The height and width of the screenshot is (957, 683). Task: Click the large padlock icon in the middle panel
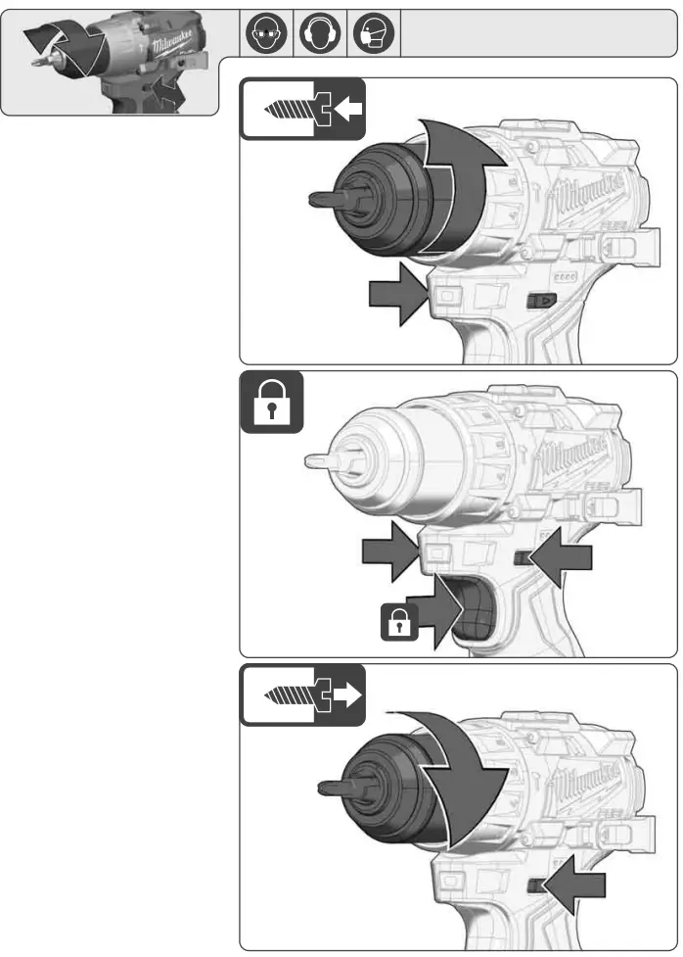coord(272,403)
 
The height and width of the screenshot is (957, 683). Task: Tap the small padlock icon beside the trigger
coord(399,621)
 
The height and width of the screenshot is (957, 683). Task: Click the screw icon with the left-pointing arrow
coord(303,111)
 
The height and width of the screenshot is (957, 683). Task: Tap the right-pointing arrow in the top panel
coord(396,297)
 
